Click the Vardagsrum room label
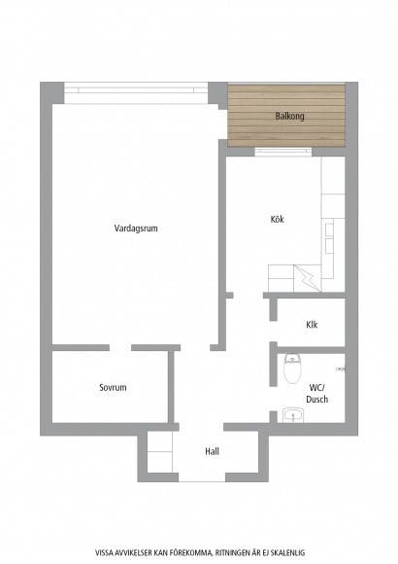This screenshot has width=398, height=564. (136, 229)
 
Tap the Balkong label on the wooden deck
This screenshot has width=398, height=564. (290, 116)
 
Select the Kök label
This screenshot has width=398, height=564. (278, 219)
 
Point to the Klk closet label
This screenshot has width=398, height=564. (312, 325)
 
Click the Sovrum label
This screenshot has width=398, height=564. (113, 387)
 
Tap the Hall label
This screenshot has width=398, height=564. (212, 451)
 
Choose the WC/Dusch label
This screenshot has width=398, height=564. (316, 393)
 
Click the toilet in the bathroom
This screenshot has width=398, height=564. (292, 369)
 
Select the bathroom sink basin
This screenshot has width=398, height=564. (293, 415)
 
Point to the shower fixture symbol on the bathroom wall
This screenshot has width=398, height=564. (341, 370)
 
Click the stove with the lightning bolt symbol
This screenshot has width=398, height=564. (307, 278)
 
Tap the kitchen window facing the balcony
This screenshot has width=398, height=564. (283, 152)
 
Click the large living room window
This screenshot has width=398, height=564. (136, 93)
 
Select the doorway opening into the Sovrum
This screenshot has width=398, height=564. (120, 348)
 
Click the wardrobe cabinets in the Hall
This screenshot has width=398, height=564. (160, 452)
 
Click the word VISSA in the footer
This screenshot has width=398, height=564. (103, 552)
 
